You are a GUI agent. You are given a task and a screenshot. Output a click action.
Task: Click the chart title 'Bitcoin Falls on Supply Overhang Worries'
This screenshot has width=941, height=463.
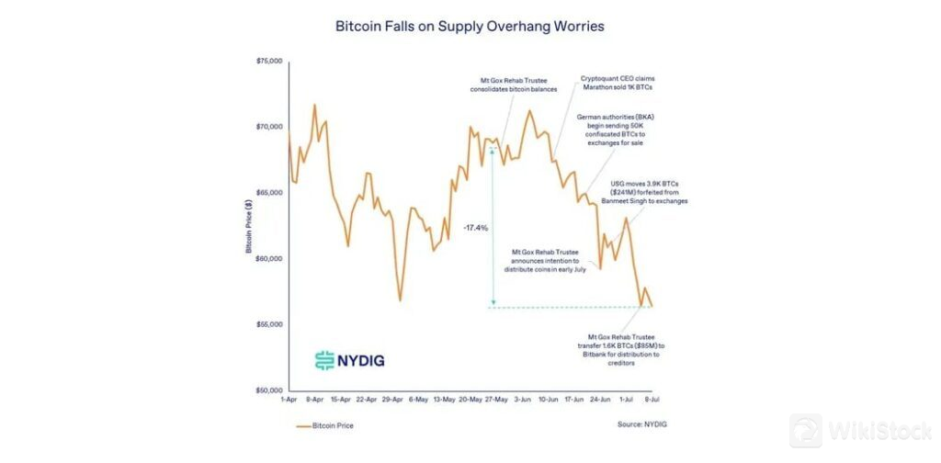coord(470,27)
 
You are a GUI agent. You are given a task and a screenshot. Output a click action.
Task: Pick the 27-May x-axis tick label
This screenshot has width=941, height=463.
coord(496,401)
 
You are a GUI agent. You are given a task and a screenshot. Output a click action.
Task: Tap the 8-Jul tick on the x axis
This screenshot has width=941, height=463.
coord(651,401)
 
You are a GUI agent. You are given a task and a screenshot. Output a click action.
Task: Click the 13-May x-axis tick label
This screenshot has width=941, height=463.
coord(444,401)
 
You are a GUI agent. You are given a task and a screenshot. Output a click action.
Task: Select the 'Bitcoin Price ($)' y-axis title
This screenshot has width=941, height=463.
coord(248,226)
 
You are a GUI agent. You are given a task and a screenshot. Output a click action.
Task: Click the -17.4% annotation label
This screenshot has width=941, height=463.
coord(475,227)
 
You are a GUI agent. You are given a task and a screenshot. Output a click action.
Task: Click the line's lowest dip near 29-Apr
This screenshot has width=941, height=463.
coord(400,299)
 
